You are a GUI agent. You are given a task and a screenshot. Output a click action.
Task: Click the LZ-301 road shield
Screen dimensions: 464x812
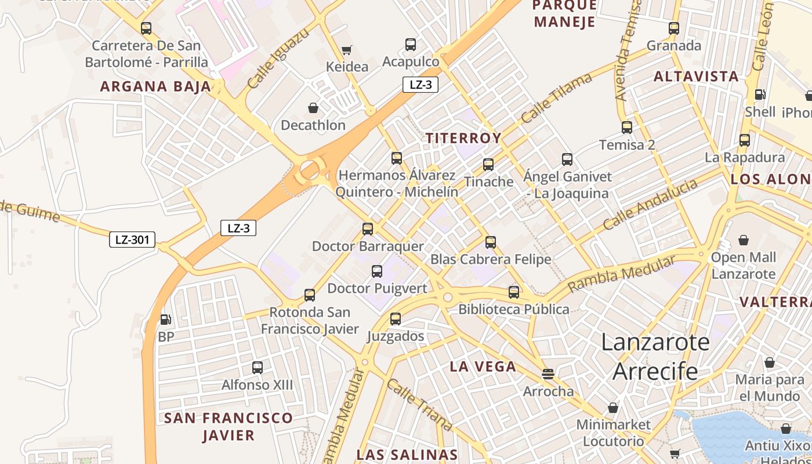coord(132,239)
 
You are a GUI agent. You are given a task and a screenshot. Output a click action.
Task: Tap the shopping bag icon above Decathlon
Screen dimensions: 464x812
coord(313,108)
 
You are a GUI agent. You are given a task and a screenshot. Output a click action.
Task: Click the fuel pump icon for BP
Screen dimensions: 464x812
coord(165,319)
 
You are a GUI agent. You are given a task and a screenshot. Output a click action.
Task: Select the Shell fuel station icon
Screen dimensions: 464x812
coord(759,95)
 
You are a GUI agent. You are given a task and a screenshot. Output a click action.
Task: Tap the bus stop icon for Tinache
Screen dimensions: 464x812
coord(488,164)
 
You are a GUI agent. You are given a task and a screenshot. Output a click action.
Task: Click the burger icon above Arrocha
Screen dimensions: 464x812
coord(548,374)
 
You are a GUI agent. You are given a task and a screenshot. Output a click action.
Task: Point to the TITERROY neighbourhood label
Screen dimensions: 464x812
coord(463,138)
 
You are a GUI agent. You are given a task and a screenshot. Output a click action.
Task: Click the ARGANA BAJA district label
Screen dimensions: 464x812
coord(155,86)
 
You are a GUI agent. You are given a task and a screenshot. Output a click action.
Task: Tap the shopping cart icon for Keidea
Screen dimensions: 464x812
coord(347,50)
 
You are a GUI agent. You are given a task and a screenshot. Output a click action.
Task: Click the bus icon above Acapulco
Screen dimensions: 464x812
coord(411,44)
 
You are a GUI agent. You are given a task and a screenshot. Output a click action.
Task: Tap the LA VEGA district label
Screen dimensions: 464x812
coord(483,367)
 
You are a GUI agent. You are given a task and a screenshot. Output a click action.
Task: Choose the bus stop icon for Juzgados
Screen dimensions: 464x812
coord(396,318)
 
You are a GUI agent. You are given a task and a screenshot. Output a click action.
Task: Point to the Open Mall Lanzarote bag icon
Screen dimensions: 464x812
coord(743,240)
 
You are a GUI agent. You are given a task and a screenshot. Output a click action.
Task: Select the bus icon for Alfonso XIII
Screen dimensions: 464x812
coord(258,367)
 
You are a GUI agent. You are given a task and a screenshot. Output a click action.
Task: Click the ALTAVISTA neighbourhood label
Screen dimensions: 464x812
coord(696,77)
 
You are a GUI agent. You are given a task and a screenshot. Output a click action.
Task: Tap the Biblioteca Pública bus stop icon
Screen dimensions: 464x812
coord(514,292)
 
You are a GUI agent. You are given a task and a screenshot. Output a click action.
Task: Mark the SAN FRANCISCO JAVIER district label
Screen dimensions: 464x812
coord(229,426)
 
